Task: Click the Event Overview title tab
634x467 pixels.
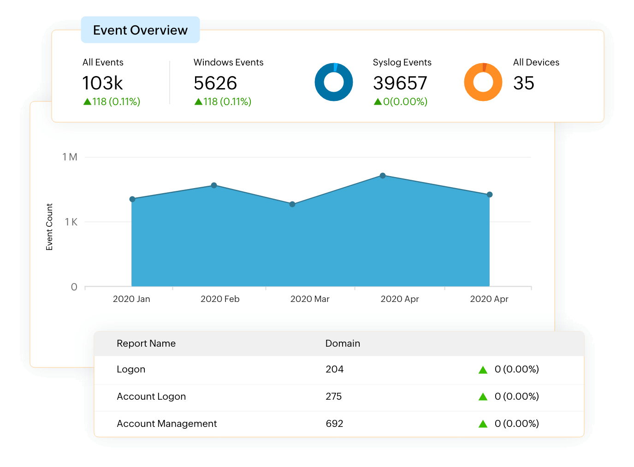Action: point(140,30)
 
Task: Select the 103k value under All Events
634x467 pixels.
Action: point(102,83)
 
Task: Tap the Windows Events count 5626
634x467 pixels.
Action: point(215,83)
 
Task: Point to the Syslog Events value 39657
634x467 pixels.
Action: point(400,83)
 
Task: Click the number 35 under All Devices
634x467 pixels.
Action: point(523,83)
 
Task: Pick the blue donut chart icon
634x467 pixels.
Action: point(333,82)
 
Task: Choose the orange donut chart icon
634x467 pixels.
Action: point(483,82)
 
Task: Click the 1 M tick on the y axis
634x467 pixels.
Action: point(70,157)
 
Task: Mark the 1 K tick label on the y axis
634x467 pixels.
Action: point(71,222)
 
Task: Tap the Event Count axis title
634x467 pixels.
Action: point(49,227)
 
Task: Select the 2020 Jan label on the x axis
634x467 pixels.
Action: point(131,299)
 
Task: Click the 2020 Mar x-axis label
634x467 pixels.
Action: point(310,299)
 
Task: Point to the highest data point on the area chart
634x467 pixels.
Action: point(383,176)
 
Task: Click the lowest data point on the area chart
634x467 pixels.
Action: point(292,204)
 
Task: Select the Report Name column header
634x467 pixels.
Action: point(146,343)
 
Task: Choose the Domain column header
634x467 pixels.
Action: point(343,343)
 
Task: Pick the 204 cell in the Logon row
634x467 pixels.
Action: point(334,369)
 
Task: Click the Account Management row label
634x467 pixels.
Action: point(166,424)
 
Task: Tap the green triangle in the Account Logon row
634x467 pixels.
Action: point(483,397)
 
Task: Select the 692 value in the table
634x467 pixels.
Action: point(334,424)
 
